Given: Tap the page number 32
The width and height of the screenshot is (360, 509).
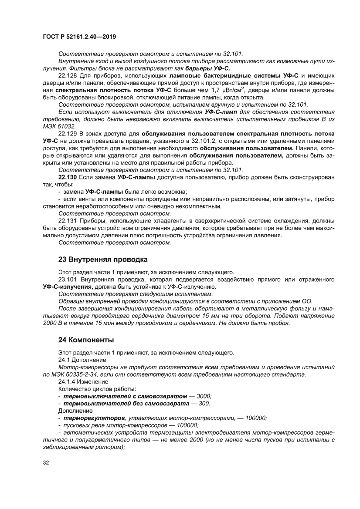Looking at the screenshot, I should point(46,462).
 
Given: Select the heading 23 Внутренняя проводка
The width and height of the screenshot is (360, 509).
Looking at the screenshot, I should point(103,260).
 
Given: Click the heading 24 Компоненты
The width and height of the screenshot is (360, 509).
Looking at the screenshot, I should point(86,339).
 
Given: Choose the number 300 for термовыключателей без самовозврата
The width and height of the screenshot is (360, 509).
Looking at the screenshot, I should point(203,403).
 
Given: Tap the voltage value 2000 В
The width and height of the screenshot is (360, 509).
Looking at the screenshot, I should point(54,323).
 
